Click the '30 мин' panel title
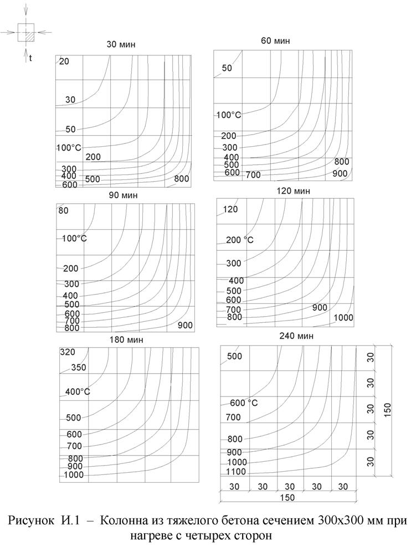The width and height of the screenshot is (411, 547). (x=121, y=44)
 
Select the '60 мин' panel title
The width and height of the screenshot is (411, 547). (x=275, y=41)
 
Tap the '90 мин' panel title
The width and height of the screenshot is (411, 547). (x=124, y=195)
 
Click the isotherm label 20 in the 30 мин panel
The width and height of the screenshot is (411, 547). (x=64, y=61)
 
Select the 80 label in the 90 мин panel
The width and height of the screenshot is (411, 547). (x=64, y=210)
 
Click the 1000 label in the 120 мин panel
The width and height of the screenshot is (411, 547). (x=343, y=317)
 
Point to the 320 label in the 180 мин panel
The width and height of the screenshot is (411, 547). (x=68, y=352)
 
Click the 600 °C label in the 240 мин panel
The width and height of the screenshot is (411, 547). (x=244, y=402)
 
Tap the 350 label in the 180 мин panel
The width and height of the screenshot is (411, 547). (x=78, y=368)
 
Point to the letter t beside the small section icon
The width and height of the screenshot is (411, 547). (x=30, y=58)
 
